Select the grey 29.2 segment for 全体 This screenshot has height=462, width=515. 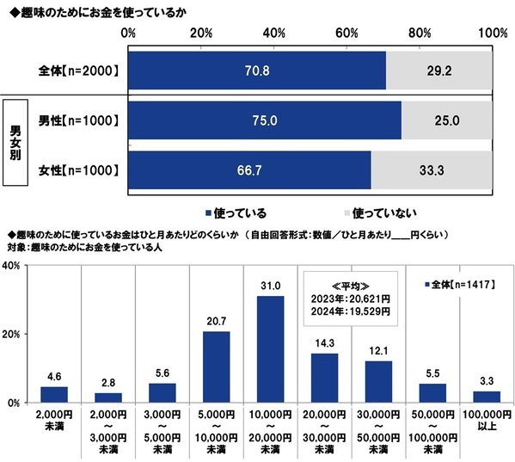click(438, 71)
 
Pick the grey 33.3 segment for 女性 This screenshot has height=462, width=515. click(432, 169)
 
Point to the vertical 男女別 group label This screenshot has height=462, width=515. click(15, 144)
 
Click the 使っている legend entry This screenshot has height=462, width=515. click(236, 212)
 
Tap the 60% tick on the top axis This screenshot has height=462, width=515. click(347, 33)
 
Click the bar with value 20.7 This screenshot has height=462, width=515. click(216, 367)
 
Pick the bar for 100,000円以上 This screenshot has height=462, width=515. click(487, 397)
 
